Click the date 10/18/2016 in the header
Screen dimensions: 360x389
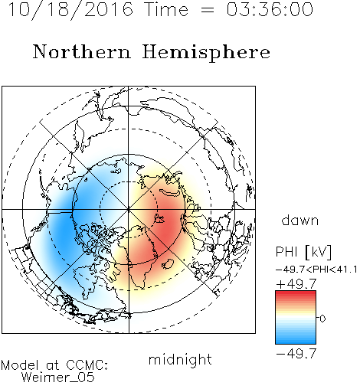pos(70,10)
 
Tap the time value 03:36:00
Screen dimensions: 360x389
pos(270,9)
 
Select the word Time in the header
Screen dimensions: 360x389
pos(166,9)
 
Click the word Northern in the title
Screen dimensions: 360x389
pos(82,51)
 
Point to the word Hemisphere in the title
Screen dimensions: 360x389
pos(206,53)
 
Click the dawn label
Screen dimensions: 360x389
pos(300,220)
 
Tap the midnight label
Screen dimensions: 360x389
pos(180,359)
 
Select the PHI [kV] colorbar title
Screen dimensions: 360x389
pos(303,252)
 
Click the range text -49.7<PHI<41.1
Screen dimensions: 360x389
pos(316,270)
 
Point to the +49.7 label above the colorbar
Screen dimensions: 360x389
pos(296,284)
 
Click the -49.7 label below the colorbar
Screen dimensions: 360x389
pos(296,354)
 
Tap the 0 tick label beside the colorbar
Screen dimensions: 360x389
pos(322,319)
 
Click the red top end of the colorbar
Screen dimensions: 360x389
pos(296,293)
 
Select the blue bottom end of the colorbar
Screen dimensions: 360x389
pos(296,342)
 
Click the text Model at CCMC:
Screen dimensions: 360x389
pos(54,365)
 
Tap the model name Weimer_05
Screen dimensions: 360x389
pos(57,378)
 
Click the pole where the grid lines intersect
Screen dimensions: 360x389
pos(129,209)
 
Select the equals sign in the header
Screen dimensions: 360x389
pos(207,10)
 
